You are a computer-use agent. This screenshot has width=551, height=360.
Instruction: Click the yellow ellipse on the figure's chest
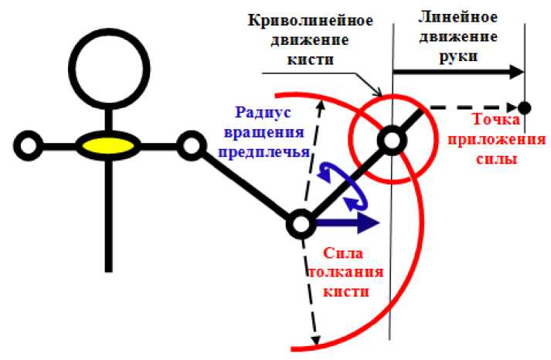pyautogui.click(x=107, y=144)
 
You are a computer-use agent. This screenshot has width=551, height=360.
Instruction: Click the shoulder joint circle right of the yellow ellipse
pyautogui.click(x=189, y=144)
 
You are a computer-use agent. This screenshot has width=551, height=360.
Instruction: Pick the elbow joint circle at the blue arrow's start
pyautogui.click(x=299, y=224)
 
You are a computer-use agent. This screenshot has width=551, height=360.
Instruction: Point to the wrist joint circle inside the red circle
pyautogui.click(x=391, y=140)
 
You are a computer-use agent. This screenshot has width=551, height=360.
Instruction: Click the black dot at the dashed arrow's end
pyautogui.click(x=525, y=107)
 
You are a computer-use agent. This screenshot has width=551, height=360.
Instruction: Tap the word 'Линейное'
pyautogui.click(x=456, y=15)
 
